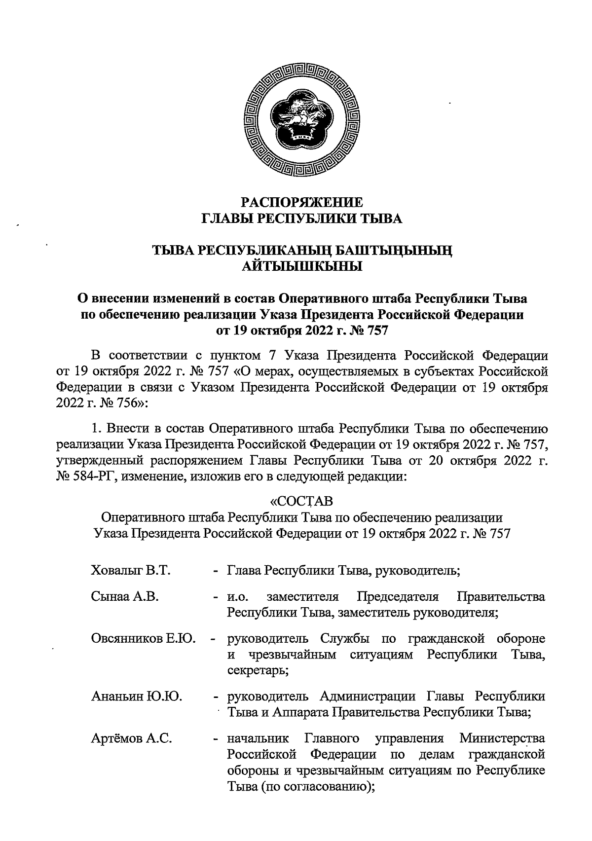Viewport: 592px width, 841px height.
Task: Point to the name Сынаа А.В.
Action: [124, 597]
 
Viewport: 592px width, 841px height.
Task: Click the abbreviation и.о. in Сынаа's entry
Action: [238, 597]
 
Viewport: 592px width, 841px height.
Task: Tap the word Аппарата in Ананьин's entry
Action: [297, 712]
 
